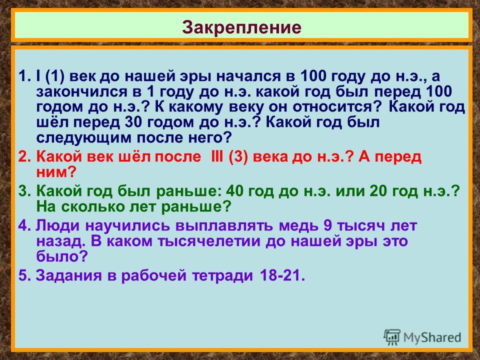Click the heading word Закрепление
(241, 27)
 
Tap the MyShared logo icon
(391, 337)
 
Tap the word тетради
(223, 275)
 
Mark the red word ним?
(55, 172)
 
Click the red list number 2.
(23, 156)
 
